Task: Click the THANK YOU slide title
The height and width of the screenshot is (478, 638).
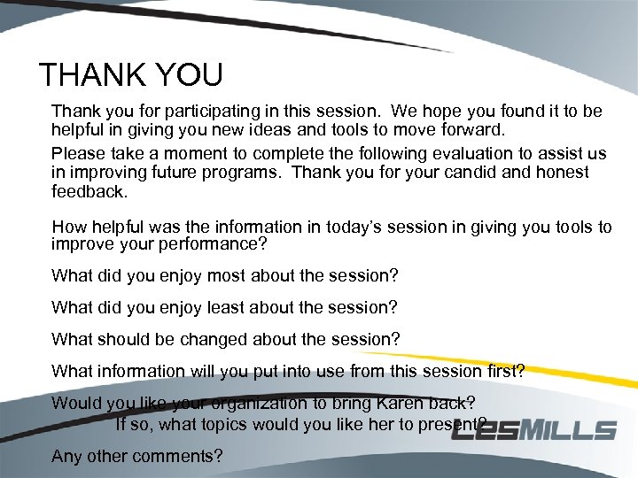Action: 130,75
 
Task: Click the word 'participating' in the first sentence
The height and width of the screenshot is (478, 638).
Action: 199,112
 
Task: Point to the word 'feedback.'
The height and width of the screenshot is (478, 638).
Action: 89,190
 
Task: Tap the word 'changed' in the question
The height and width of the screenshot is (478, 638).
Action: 213,339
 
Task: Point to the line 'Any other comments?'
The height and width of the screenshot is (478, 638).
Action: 137,457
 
